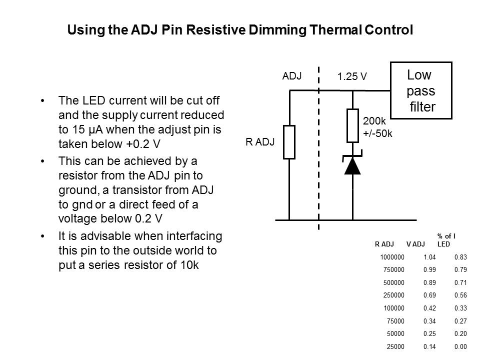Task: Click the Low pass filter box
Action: [420, 90]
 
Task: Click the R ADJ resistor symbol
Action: [289, 142]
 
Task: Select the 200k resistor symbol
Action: [353, 125]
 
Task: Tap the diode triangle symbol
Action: [353, 165]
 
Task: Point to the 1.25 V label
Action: [352, 77]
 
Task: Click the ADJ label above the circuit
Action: [292, 76]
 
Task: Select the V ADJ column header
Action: [415, 244]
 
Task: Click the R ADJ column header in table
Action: [384, 244]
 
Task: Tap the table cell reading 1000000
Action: [392, 257]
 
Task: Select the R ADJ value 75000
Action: [395, 321]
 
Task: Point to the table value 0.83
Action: [460, 257]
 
